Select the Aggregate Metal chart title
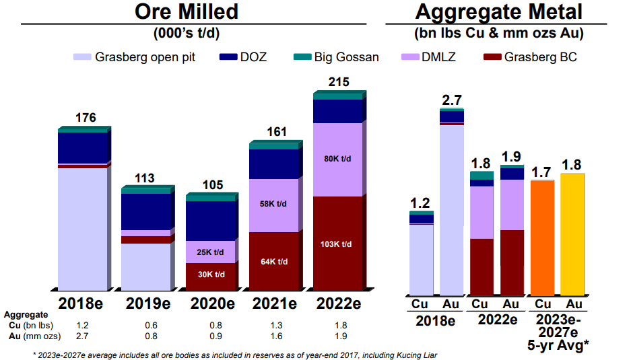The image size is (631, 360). click(x=498, y=11)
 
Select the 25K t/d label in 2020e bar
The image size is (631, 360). click(x=211, y=252)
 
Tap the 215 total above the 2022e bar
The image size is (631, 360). click(x=338, y=82)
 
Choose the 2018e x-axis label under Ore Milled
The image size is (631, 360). click(x=83, y=303)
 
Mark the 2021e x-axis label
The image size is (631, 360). click(x=274, y=303)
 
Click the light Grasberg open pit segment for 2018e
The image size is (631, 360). click(x=83, y=229)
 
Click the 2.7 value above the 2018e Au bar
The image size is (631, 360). click(x=451, y=100)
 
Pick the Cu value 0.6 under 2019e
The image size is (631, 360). click(x=146, y=325)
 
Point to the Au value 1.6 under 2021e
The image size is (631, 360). click(x=274, y=335)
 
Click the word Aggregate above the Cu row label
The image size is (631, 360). click(x=26, y=314)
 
